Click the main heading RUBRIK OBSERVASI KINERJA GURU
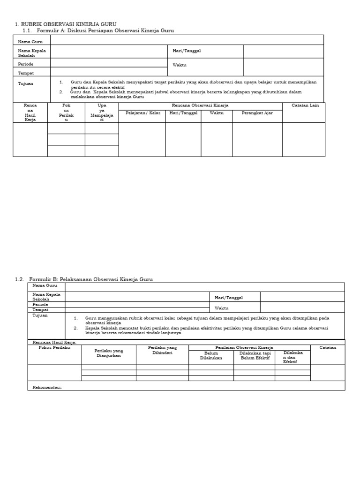[x=66, y=24]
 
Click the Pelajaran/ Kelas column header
[x=142, y=113]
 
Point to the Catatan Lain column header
[x=305, y=105]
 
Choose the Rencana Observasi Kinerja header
[x=200, y=105]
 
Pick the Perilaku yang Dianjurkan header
[x=109, y=353]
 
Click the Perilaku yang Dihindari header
[x=162, y=350]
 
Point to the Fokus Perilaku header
[x=54, y=347]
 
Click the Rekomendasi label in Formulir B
[x=47, y=387]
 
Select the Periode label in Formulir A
[x=26, y=64]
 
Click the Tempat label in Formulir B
[x=41, y=310]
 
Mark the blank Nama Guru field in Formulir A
[x=187, y=40]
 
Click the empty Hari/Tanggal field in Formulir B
[x=302, y=297]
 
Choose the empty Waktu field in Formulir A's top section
[x=283, y=66]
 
